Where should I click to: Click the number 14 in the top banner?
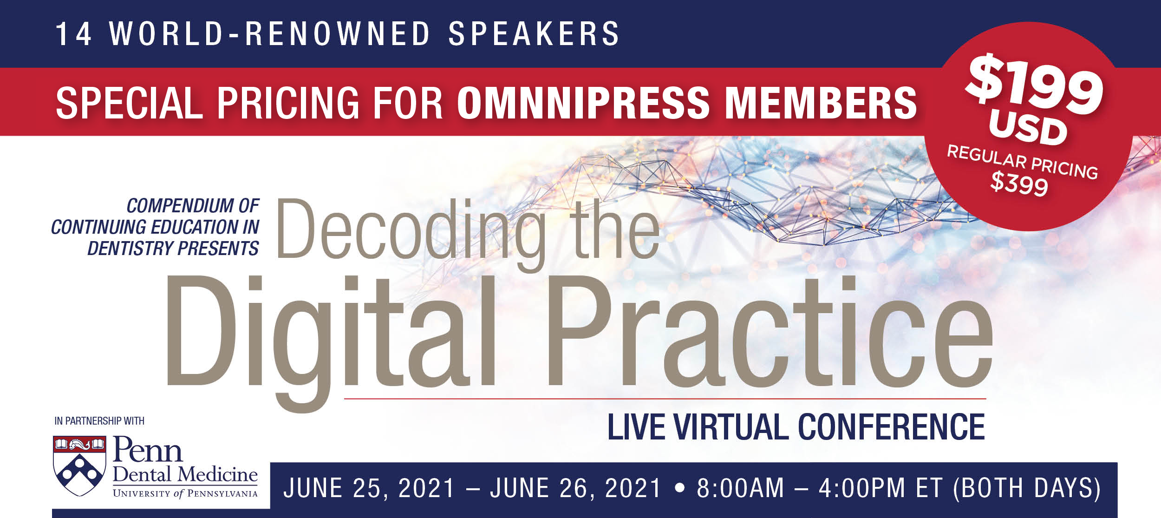(x=73, y=34)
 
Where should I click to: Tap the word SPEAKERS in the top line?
(x=534, y=34)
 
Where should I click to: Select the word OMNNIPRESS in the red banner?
(x=583, y=103)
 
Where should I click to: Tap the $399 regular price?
(x=1019, y=184)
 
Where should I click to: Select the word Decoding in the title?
(x=411, y=230)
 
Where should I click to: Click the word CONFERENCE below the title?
(x=891, y=427)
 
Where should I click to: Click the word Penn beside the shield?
(x=148, y=450)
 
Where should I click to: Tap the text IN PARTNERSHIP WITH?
(x=99, y=421)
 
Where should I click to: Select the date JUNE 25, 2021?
(x=369, y=488)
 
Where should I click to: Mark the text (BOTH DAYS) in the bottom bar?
(x=1027, y=488)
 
